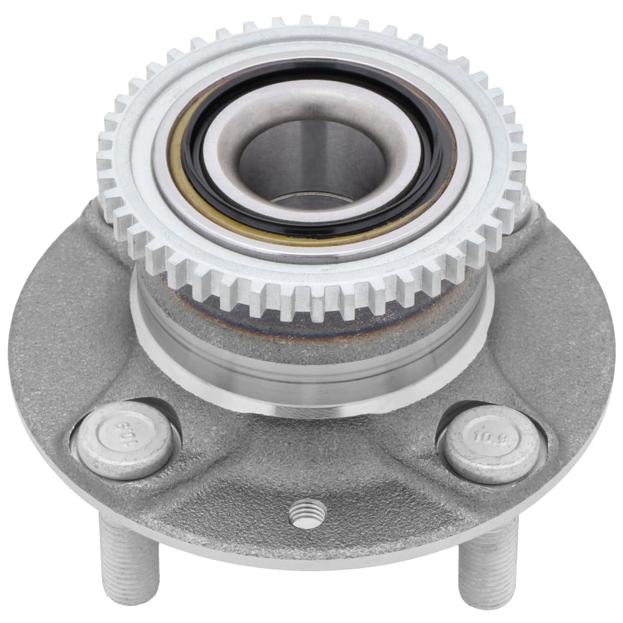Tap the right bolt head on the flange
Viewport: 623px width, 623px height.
(x=492, y=443)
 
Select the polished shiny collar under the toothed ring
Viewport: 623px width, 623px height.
(x=311, y=374)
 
